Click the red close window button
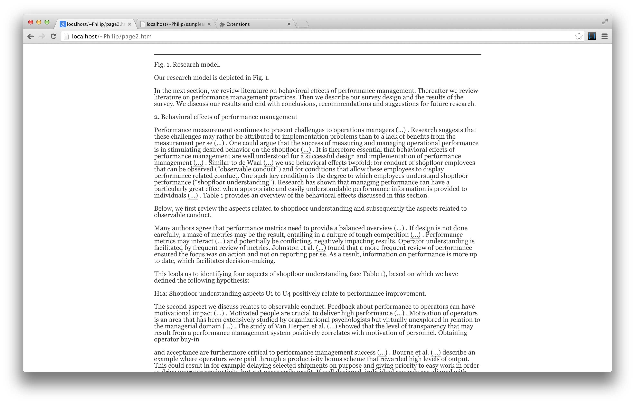click(31, 22)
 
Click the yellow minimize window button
click(39, 22)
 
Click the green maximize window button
click(47, 22)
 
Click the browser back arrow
click(31, 36)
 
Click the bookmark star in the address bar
click(579, 36)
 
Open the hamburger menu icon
click(604, 36)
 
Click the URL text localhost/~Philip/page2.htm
click(112, 36)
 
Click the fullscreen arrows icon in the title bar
click(604, 22)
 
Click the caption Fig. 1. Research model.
click(187, 65)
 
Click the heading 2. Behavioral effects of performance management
click(226, 117)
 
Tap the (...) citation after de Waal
click(268, 163)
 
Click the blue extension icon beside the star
click(592, 36)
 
